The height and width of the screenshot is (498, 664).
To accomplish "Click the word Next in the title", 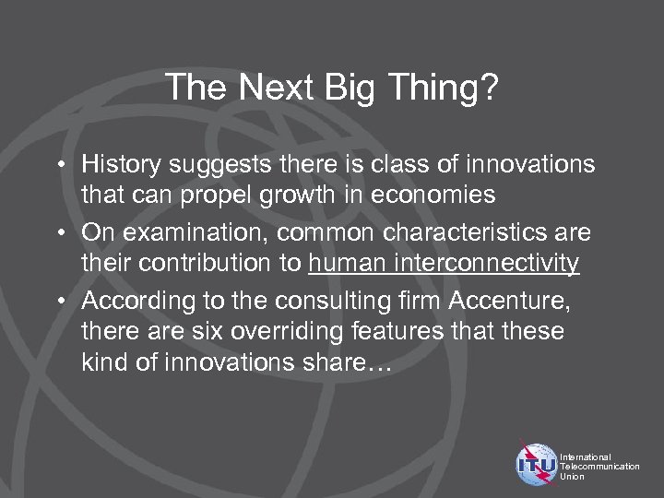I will [x=274, y=89].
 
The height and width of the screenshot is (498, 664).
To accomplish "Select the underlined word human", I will [x=347, y=265].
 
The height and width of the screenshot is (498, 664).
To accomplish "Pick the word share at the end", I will [x=339, y=363].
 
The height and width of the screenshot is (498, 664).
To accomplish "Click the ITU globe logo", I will [x=537, y=465].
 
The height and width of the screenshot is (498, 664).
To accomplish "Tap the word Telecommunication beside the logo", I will [x=599, y=466].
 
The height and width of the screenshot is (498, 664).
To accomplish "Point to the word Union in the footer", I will [x=574, y=476].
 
